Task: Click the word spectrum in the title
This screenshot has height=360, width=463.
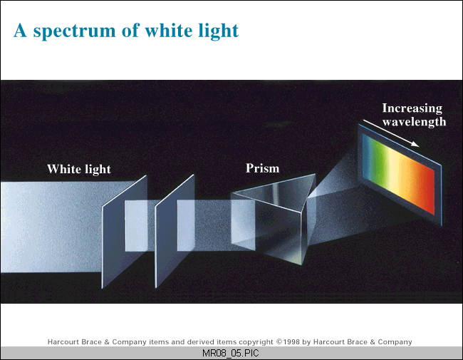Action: (74, 31)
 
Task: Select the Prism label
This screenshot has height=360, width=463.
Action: (263, 168)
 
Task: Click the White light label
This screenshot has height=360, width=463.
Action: (79, 170)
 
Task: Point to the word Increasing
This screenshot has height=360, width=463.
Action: (412, 108)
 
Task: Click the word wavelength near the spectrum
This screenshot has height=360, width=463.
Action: (414, 122)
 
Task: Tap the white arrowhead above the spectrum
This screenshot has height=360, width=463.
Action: (415, 144)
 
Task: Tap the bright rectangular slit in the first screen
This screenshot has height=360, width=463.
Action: (136, 226)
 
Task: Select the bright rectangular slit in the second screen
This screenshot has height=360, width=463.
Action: (186, 225)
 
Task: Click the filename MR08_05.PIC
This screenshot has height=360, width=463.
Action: (231, 353)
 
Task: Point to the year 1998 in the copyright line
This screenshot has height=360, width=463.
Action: (291, 342)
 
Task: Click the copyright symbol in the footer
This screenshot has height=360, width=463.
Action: (279, 342)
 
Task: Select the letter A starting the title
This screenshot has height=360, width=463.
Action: (21, 31)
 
